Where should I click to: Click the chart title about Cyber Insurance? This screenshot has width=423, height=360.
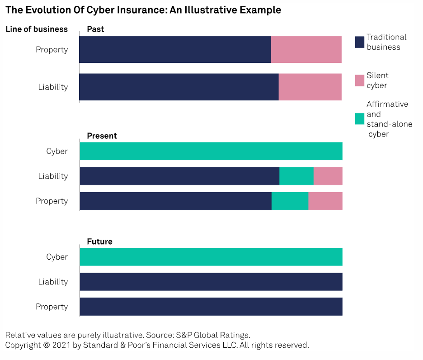pos(143,10)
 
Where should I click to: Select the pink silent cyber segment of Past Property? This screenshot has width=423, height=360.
pos(306,49)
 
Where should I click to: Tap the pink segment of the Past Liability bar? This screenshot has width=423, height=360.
pos(310,86)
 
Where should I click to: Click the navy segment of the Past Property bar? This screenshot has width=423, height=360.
pos(175,49)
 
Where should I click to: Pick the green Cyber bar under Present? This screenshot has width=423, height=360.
pos(211,151)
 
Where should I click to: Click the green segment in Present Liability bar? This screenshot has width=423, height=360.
pos(296,176)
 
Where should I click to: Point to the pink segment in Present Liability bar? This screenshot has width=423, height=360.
pos(328,176)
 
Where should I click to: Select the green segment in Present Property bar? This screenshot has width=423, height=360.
pos(290,201)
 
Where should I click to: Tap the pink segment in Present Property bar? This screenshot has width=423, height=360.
pos(325,201)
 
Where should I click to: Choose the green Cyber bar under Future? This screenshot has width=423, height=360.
pos(211,257)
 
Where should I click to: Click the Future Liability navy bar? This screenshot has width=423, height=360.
pos(211,282)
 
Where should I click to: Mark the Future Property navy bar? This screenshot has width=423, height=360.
pos(211,307)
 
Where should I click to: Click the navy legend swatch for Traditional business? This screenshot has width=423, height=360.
pos(359,42)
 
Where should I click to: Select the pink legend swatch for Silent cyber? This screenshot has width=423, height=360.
pos(359,81)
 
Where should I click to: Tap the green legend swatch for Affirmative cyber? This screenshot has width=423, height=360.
pos(359,119)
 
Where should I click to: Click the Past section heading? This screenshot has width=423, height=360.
pos(95,29)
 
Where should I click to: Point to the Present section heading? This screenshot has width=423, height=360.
pos(102,136)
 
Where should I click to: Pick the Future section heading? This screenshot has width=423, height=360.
pos(99,242)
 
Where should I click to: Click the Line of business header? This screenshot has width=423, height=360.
pos(37,29)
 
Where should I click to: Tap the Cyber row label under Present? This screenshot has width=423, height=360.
pos(57,151)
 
